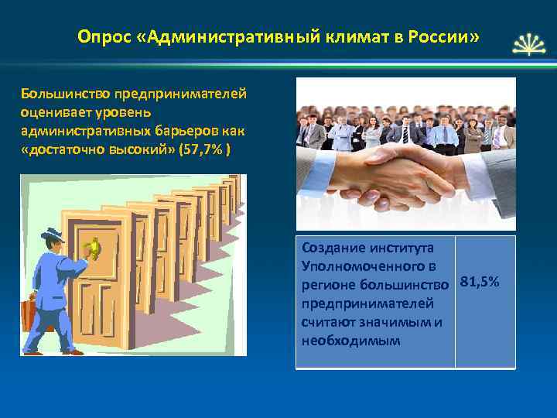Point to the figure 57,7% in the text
[203, 149]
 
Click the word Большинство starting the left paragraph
[65, 94]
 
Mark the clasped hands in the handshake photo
[402, 180]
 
